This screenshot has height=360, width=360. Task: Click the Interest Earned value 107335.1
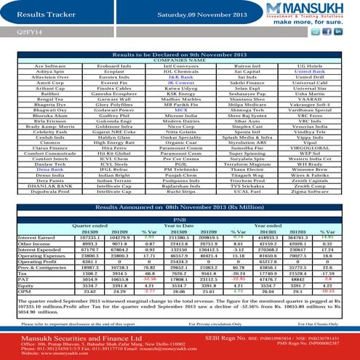coord(88,237)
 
